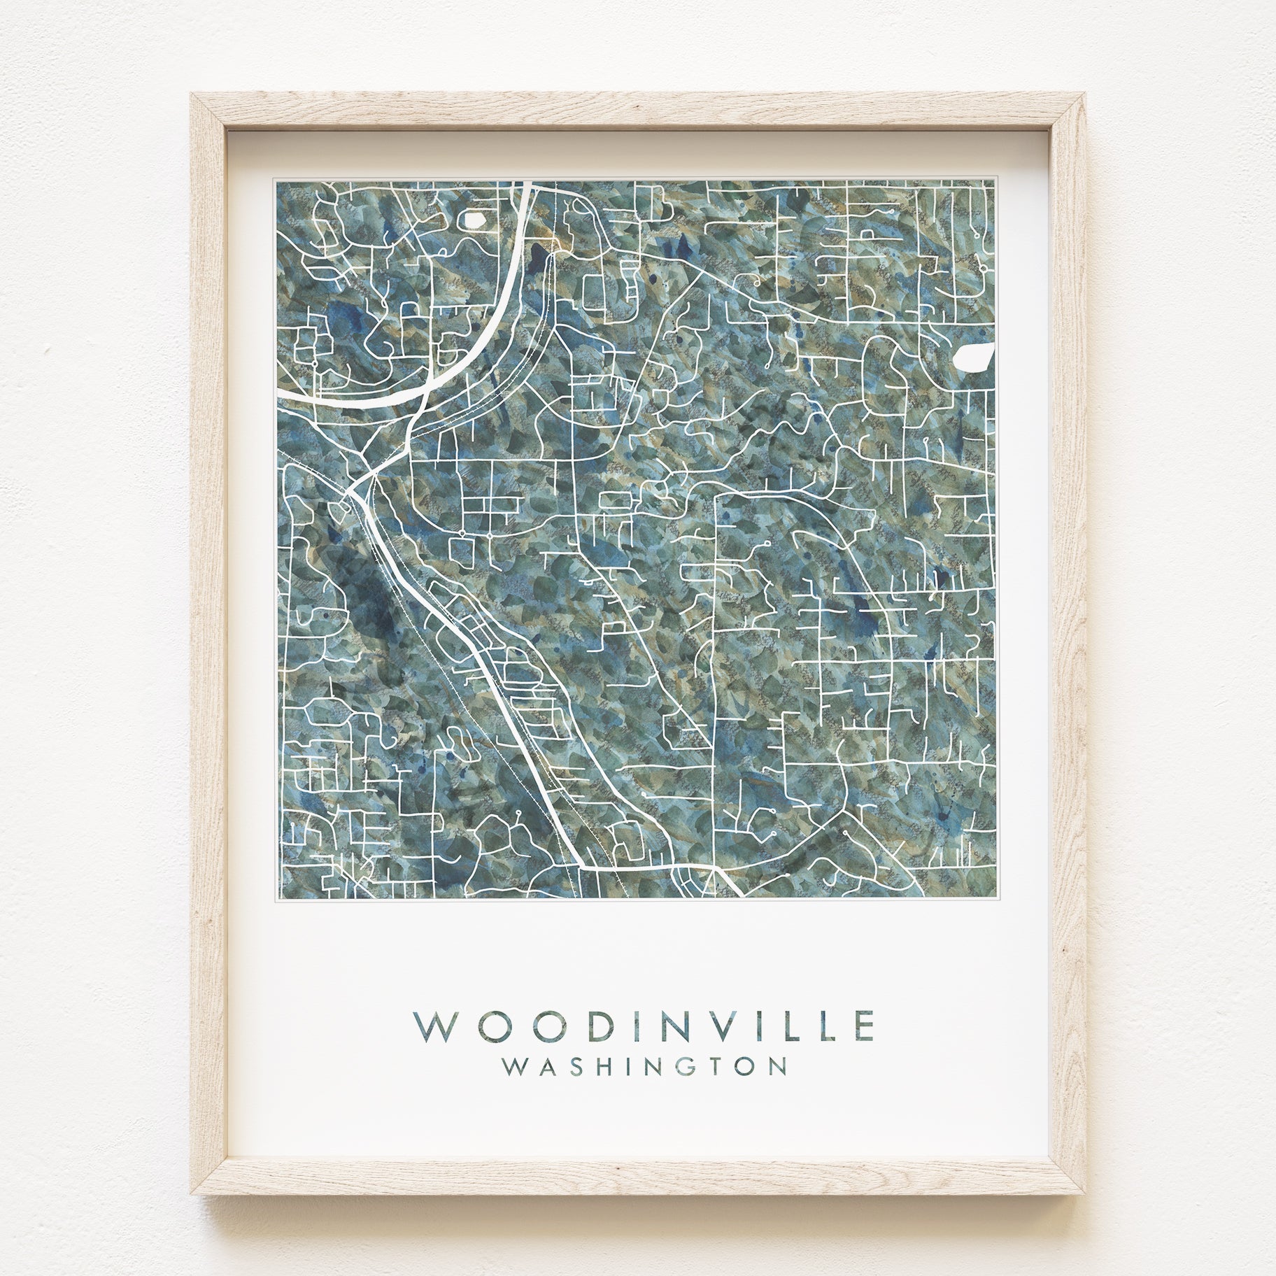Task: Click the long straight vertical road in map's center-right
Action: coord(713,665)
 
